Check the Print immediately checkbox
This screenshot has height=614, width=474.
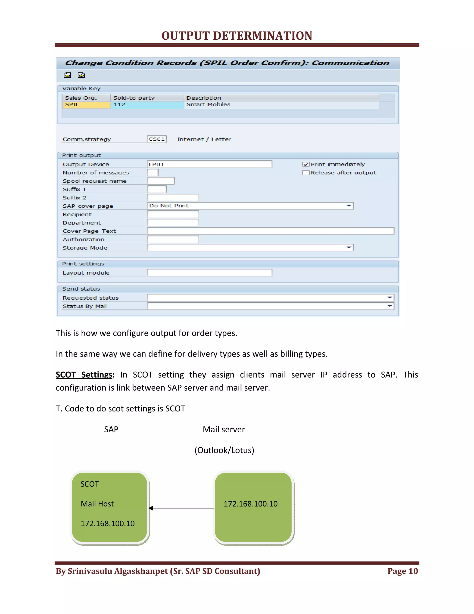click(x=306, y=165)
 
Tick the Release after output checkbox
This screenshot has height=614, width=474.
click(x=306, y=173)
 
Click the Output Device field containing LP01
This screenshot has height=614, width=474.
click(x=209, y=164)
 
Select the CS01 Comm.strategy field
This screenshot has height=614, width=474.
click(x=156, y=139)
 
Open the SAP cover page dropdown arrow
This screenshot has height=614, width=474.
click(x=349, y=206)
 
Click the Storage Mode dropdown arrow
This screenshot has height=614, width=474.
click(x=349, y=248)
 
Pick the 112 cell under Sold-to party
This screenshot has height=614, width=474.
click(x=147, y=104)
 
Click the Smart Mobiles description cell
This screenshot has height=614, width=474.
click(x=281, y=104)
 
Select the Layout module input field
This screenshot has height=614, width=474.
click(x=209, y=273)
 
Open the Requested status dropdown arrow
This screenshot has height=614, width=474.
click(x=390, y=298)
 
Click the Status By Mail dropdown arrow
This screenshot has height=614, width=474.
click(x=390, y=306)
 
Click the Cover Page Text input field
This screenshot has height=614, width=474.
click(x=270, y=231)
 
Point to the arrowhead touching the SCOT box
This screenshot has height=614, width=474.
click(x=151, y=508)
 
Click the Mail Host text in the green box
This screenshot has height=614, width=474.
click(x=97, y=504)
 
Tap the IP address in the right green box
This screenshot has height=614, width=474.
click(x=250, y=504)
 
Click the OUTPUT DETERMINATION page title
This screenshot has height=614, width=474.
click(x=237, y=36)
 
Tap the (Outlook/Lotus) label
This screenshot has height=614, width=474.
click(x=224, y=450)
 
